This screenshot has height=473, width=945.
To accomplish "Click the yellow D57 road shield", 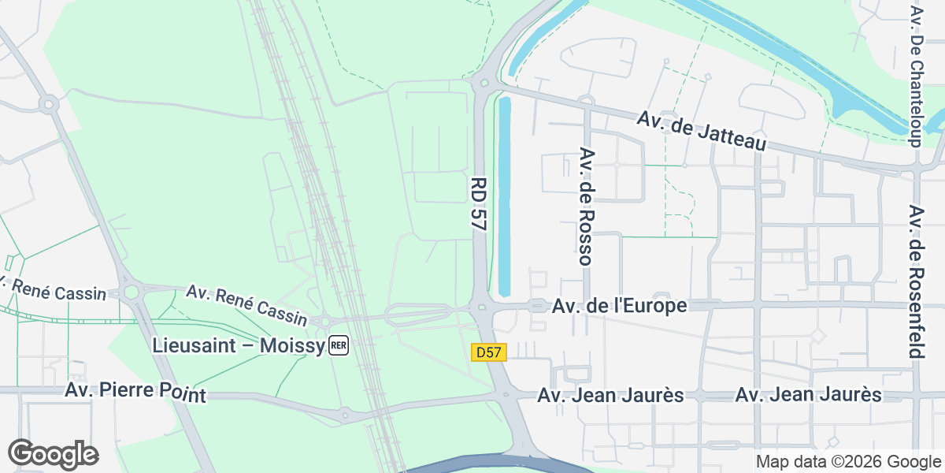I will click(488, 352).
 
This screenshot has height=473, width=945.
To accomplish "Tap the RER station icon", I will click(339, 345).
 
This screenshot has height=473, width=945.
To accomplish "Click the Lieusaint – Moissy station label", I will click(239, 345).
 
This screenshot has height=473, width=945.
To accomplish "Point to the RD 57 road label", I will click(476, 203).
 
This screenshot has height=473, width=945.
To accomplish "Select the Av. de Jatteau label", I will click(702, 131).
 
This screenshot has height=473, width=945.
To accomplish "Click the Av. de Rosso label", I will click(585, 205).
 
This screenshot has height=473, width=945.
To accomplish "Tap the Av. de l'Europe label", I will click(620, 305).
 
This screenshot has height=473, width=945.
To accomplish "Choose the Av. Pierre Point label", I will click(135, 392).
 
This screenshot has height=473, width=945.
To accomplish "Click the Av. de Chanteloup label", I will click(915, 76).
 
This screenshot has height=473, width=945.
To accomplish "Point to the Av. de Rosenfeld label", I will click(915, 281).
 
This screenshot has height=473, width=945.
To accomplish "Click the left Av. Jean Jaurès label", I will click(610, 395).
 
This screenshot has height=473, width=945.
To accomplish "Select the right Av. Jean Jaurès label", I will click(808, 395).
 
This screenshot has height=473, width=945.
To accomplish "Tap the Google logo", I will click(53, 454).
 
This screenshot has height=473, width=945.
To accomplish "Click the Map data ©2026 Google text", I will click(848, 461).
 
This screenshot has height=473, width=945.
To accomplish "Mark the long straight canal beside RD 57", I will click(505, 193).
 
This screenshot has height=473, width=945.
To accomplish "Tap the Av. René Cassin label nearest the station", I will click(246, 305).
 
